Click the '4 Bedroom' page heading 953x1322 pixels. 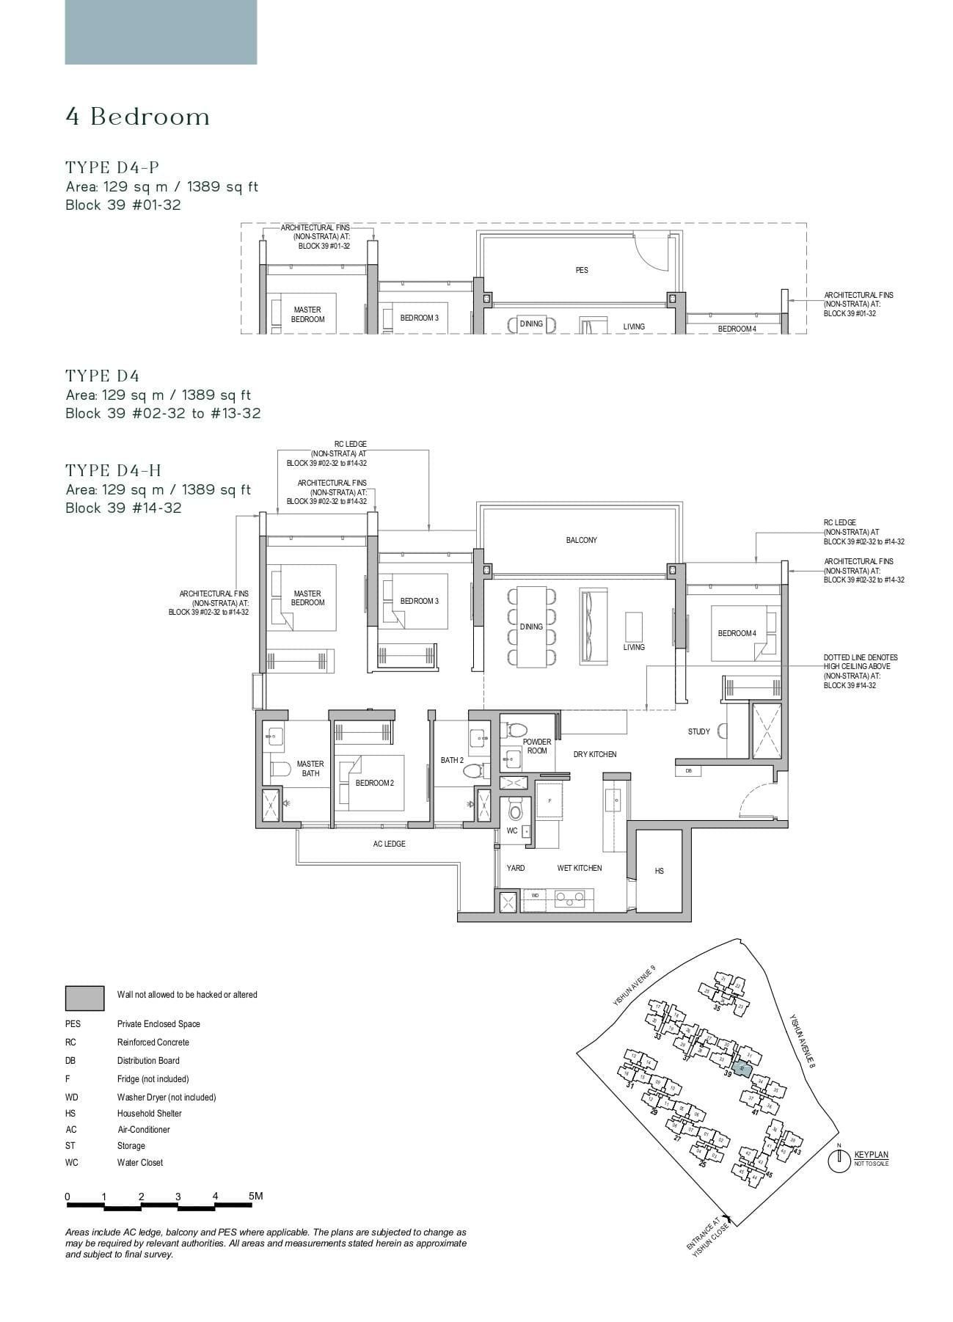point(138,117)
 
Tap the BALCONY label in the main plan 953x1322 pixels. point(581,541)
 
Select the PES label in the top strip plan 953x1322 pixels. point(581,271)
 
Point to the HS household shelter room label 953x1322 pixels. point(659,871)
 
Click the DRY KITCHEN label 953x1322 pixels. point(594,754)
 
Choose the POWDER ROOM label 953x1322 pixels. point(537,746)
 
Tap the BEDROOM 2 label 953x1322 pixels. point(374,784)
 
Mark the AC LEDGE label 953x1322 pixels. point(389,844)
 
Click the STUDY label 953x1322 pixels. point(698,731)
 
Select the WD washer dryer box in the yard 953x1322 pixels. point(535,896)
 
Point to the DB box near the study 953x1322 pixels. point(688,771)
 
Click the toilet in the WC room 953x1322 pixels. point(515,811)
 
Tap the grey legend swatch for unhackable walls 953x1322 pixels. point(84,998)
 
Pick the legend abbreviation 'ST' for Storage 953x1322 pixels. point(70,1146)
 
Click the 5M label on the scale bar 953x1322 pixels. point(255,1196)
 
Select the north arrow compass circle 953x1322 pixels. point(837,1161)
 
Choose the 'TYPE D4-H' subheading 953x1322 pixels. point(113,471)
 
